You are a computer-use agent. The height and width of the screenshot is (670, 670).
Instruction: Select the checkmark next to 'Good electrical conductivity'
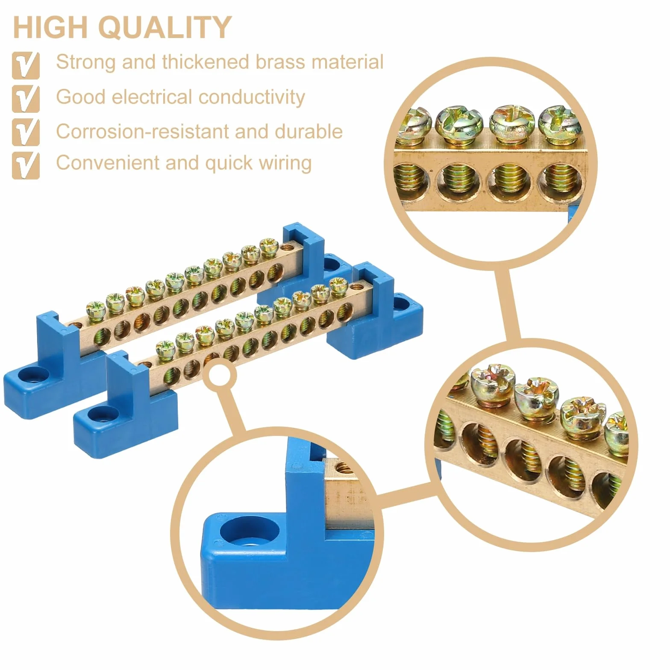click(26, 99)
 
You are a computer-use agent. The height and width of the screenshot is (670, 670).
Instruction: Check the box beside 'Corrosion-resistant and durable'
click(26, 132)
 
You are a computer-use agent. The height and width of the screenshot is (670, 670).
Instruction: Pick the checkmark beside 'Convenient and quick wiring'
click(26, 165)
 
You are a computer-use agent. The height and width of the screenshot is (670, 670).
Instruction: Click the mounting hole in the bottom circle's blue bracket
click(250, 532)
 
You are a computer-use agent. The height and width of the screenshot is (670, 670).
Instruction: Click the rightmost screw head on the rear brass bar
click(269, 246)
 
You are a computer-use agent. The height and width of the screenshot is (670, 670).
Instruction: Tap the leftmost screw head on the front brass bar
click(165, 347)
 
